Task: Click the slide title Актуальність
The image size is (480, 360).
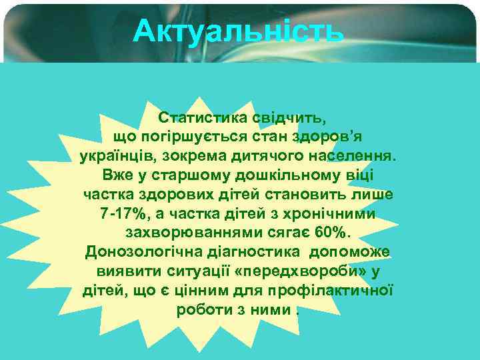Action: (238, 31)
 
